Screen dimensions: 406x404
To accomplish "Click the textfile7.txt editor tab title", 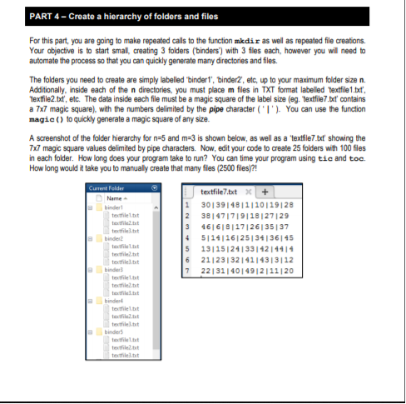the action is (x=220, y=169).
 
